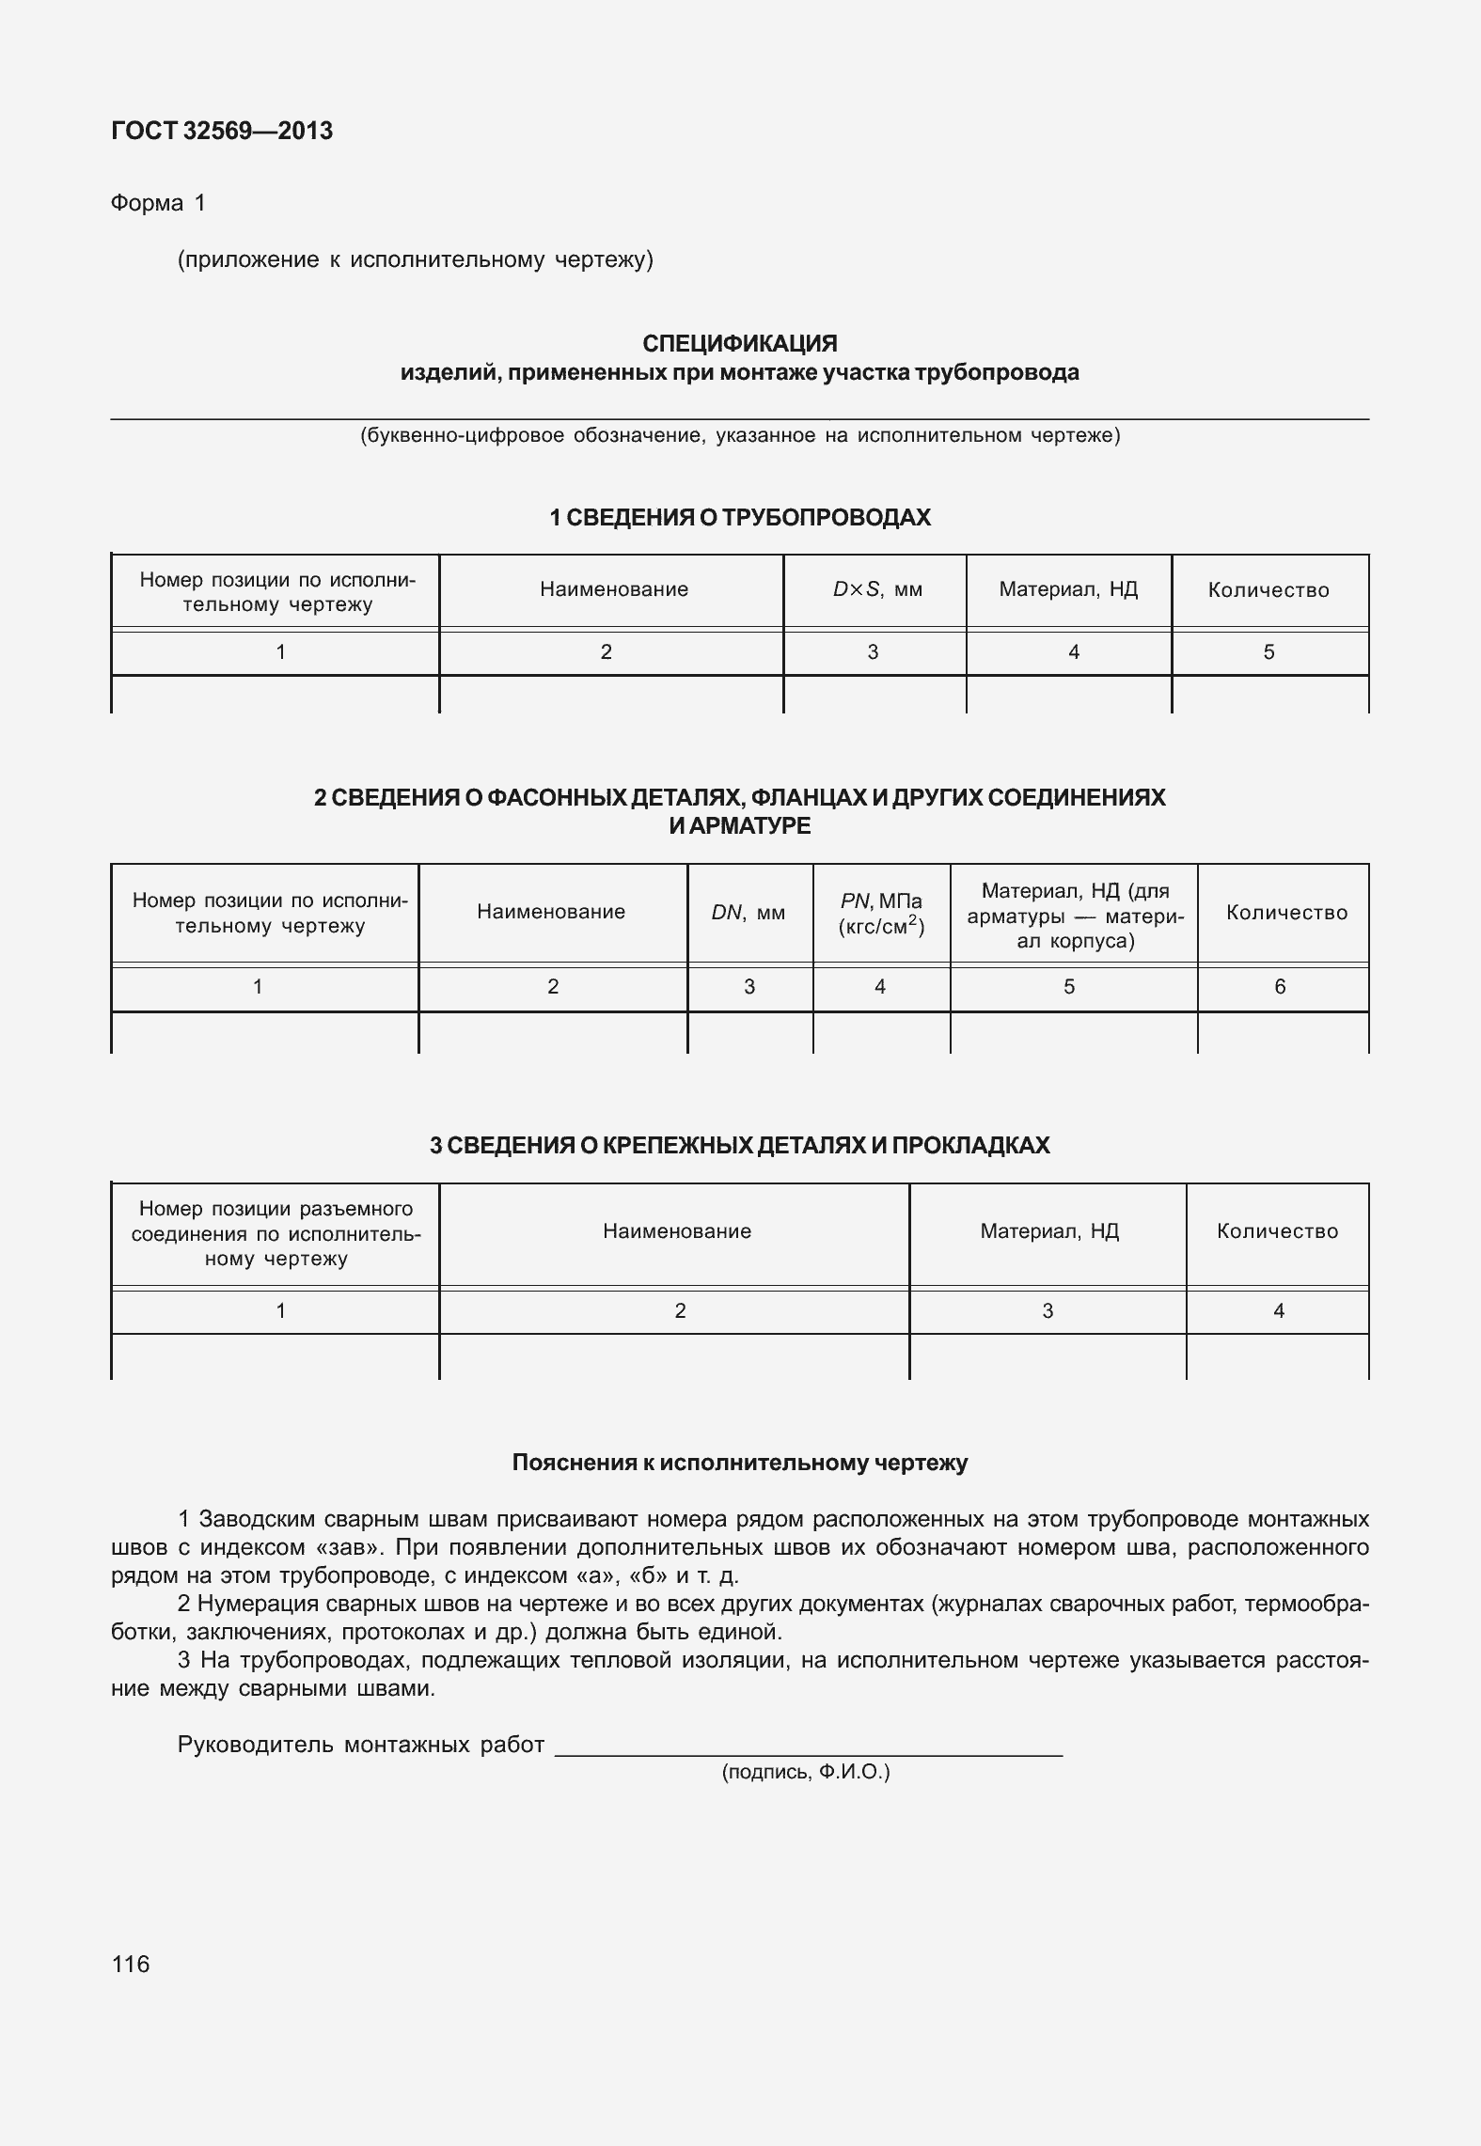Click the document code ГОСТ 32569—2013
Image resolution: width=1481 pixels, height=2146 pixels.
point(222,131)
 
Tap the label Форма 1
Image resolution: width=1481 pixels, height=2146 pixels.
point(158,203)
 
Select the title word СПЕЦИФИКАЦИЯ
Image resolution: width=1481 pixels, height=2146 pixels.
point(739,343)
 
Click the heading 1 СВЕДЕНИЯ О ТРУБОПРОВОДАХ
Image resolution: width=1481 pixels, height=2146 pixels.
point(739,517)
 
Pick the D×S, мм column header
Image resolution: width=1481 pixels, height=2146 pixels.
point(876,590)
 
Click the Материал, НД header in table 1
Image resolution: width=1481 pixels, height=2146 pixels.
point(1068,589)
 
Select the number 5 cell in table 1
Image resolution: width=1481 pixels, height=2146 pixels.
point(1268,652)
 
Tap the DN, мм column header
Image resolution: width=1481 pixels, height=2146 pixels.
point(748,913)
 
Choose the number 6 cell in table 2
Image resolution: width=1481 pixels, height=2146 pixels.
point(1280,987)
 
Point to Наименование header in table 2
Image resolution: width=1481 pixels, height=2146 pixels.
point(551,912)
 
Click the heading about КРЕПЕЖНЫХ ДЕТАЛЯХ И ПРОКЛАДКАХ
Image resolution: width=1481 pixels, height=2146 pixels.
point(739,1145)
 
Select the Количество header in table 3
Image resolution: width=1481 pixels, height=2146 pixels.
point(1277,1231)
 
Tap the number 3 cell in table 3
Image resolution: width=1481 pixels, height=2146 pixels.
point(1048,1311)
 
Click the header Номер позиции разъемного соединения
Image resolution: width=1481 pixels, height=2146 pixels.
point(276,1233)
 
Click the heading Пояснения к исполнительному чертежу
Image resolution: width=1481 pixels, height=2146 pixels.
point(739,1463)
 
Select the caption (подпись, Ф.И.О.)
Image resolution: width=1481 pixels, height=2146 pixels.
point(805,1773)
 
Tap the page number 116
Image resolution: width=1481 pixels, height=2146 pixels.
point(130,1964)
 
